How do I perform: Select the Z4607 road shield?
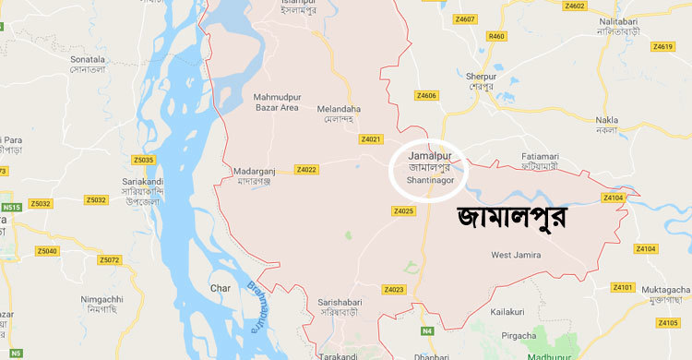click(x=465, y=18)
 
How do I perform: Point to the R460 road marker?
click(x=497, y=35)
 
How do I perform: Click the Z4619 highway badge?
click(x=662, y=46)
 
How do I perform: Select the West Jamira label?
click(x=517, y=255)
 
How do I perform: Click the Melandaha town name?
click(x=340, y=114)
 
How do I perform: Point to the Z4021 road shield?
click(x=370, y=138)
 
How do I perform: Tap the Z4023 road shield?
click(x=395, y=290)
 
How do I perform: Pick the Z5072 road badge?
click(x=109, y=260)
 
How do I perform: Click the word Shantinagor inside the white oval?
click(x=429, y=181)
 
